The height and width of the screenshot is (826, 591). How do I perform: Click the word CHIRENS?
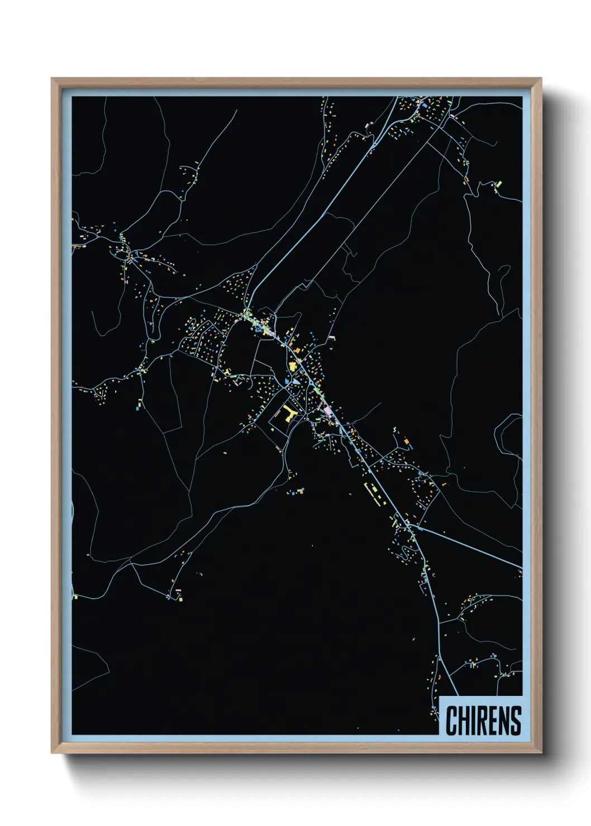[x=483, y=721]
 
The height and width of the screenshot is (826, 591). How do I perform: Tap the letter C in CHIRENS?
[x=451, y=721]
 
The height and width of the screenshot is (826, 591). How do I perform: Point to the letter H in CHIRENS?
[x=464, y=721]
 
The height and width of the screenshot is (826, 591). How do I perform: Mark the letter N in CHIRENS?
[x=504, y=721]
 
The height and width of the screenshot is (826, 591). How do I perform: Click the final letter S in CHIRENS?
[x=516, y=721]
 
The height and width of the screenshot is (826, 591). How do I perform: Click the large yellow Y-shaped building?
[x=288, y=414]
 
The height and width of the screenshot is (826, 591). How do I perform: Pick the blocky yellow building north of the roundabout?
[x=292, y=367]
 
